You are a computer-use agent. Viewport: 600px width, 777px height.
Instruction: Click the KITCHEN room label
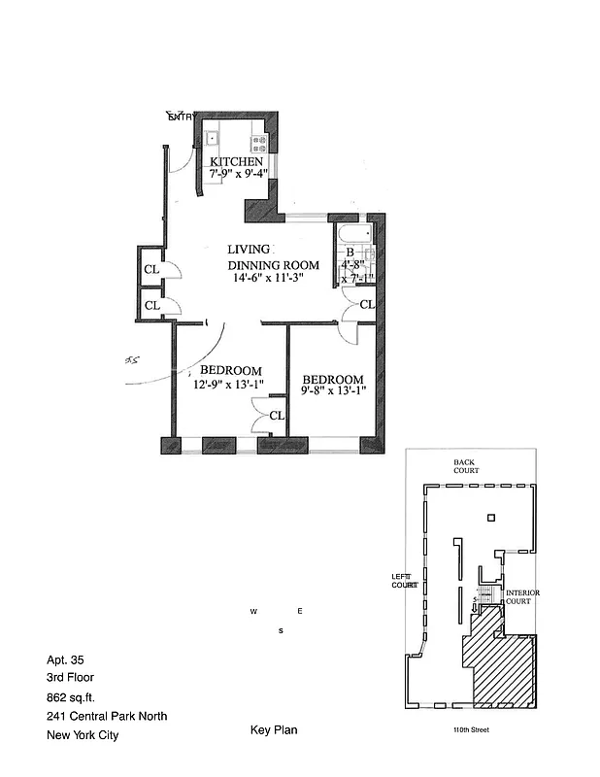(x=236, y=161)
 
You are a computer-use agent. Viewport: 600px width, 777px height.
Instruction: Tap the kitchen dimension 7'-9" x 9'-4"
(x=238, y=175)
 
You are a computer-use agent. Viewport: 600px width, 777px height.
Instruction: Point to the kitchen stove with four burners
(x=258, y=138)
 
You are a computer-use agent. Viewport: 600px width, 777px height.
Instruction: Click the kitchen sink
(x=211, y=138)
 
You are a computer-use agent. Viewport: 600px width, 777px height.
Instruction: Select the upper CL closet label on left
(x=151, y=270)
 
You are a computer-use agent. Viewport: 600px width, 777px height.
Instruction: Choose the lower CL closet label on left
(x=151, y=305)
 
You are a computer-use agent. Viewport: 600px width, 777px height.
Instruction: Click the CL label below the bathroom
(x=366, y=305)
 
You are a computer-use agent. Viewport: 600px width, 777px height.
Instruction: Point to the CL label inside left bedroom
(x=277, y=416)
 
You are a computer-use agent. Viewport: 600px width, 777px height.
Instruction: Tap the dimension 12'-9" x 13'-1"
(x=230, y=384)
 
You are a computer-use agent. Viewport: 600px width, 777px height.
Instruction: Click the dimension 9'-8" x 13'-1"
(x=332, y=392)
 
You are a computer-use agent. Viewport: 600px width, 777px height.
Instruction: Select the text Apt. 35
(x=65, y=659)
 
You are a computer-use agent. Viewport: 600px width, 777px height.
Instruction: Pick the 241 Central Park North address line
(x=107, y=716)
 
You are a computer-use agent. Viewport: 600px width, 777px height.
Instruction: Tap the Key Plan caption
(x=272, y=729)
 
